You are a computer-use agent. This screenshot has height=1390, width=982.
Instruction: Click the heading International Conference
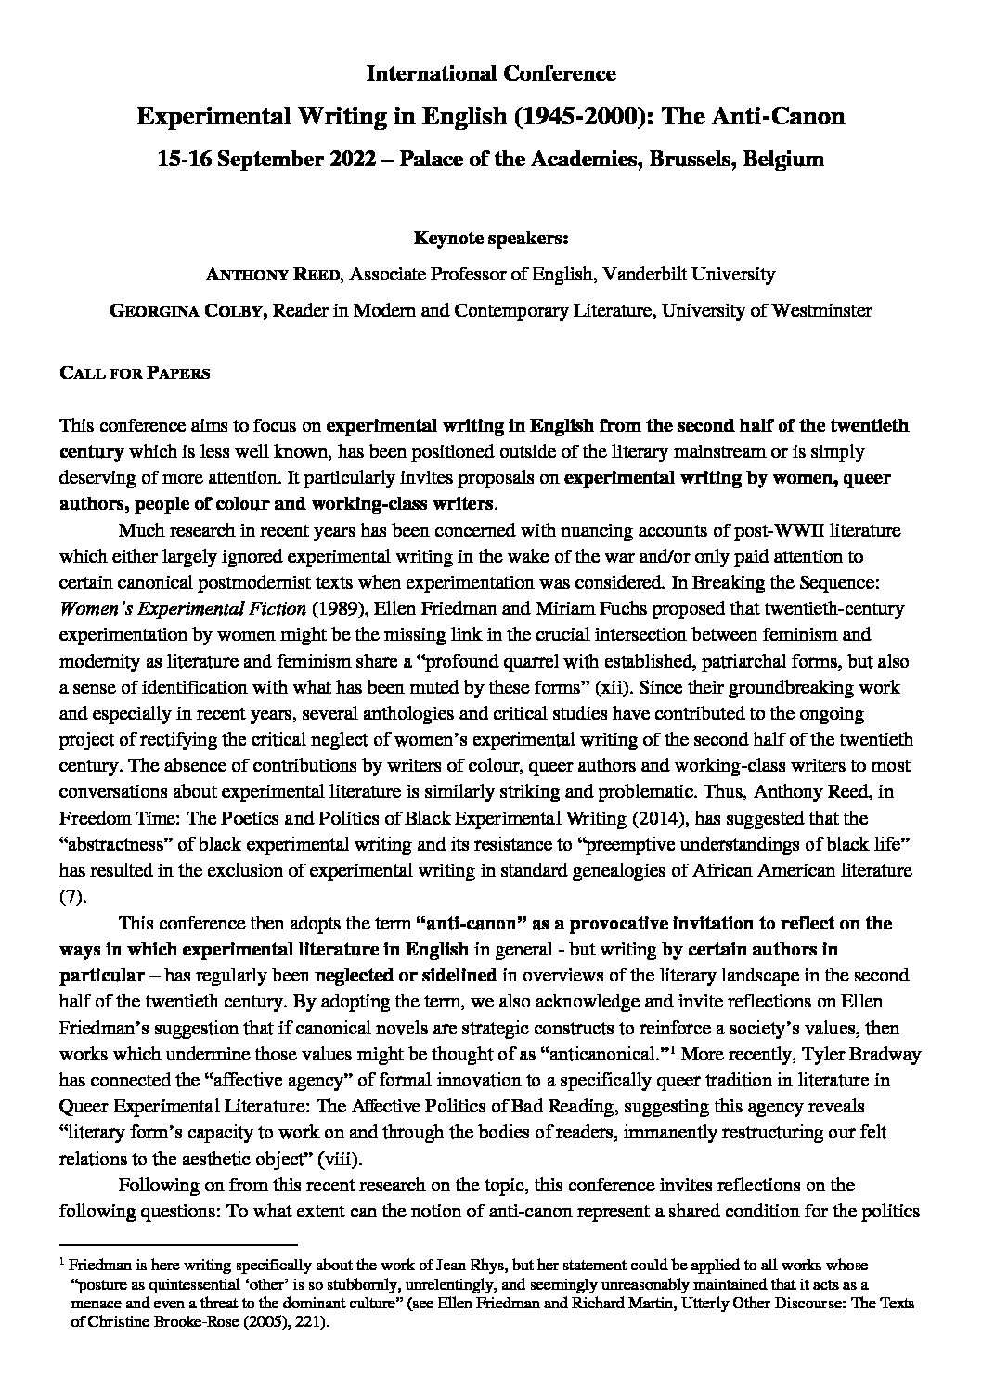click(490, 73)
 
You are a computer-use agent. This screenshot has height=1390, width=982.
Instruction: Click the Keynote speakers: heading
click(490, 239)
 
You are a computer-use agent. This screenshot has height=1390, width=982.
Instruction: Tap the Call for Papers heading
click(135, 373)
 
